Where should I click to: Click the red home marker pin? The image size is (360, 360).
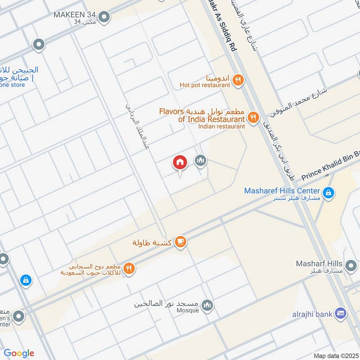pos(180,163)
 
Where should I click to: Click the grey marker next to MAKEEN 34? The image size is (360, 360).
pos(105,18)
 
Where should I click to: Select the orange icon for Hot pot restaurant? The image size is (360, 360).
pos(238,80)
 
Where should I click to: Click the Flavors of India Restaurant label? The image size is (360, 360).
pos(202,115)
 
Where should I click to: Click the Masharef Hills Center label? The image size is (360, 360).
pos(282,190)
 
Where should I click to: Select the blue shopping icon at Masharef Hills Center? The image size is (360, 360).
pos(329,192)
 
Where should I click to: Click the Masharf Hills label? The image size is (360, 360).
pos(319,263)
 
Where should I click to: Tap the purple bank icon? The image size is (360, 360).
pos(341,312)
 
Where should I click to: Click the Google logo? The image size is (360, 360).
pos(19,353)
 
